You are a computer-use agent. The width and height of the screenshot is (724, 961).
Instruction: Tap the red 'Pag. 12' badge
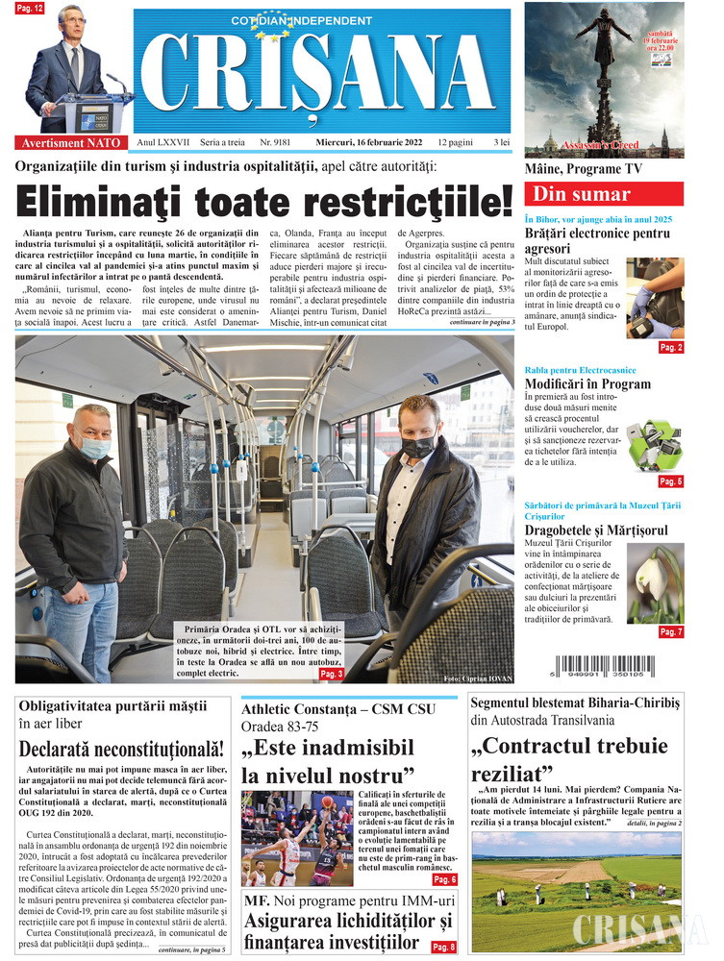[30, 9]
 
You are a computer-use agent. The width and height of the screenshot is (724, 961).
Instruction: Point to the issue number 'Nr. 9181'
[276, 142]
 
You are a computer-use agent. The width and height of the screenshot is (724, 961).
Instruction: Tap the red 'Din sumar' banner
[603, 193]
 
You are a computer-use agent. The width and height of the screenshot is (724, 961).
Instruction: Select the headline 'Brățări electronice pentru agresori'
[597, 240]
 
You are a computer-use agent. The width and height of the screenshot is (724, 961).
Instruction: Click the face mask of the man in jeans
[94, 447]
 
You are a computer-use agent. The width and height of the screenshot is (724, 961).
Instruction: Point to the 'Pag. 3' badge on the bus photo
[331, 674]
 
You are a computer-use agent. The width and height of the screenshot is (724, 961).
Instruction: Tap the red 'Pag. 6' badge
[444, 879]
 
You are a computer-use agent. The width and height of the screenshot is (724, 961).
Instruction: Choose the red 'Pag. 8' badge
[444, 947]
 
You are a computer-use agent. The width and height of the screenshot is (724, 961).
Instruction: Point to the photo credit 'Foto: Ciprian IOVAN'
[478, 679]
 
